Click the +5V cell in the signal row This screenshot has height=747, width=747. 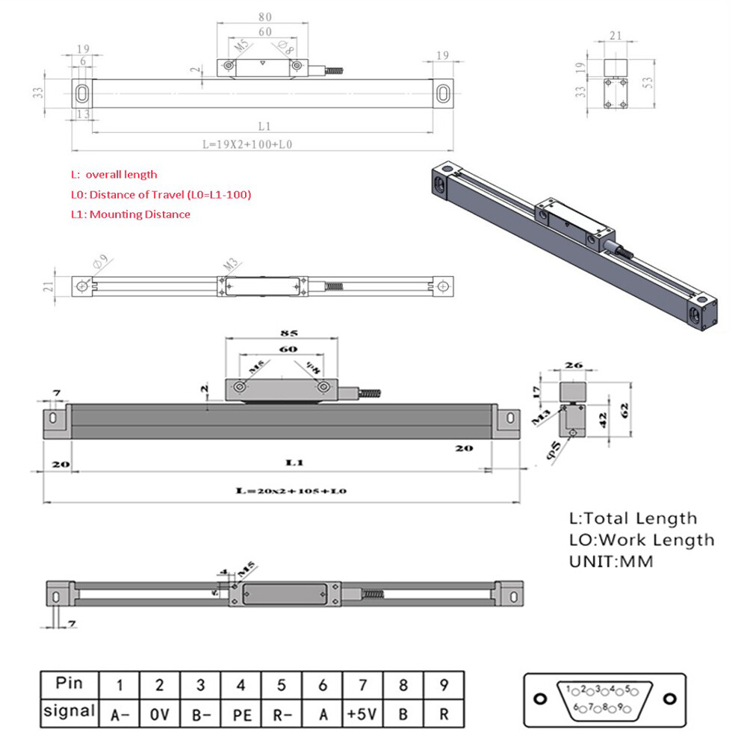point(362,713)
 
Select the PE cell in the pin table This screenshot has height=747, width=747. point(241,713)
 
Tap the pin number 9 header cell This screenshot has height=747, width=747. point(444,684)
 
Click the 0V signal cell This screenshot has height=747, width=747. point(160,713)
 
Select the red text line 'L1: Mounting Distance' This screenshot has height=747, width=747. point(131,214)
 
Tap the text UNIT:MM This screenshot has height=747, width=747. point(611,561)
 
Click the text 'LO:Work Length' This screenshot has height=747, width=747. point(642,539)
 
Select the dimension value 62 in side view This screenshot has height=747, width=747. point(625,409)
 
